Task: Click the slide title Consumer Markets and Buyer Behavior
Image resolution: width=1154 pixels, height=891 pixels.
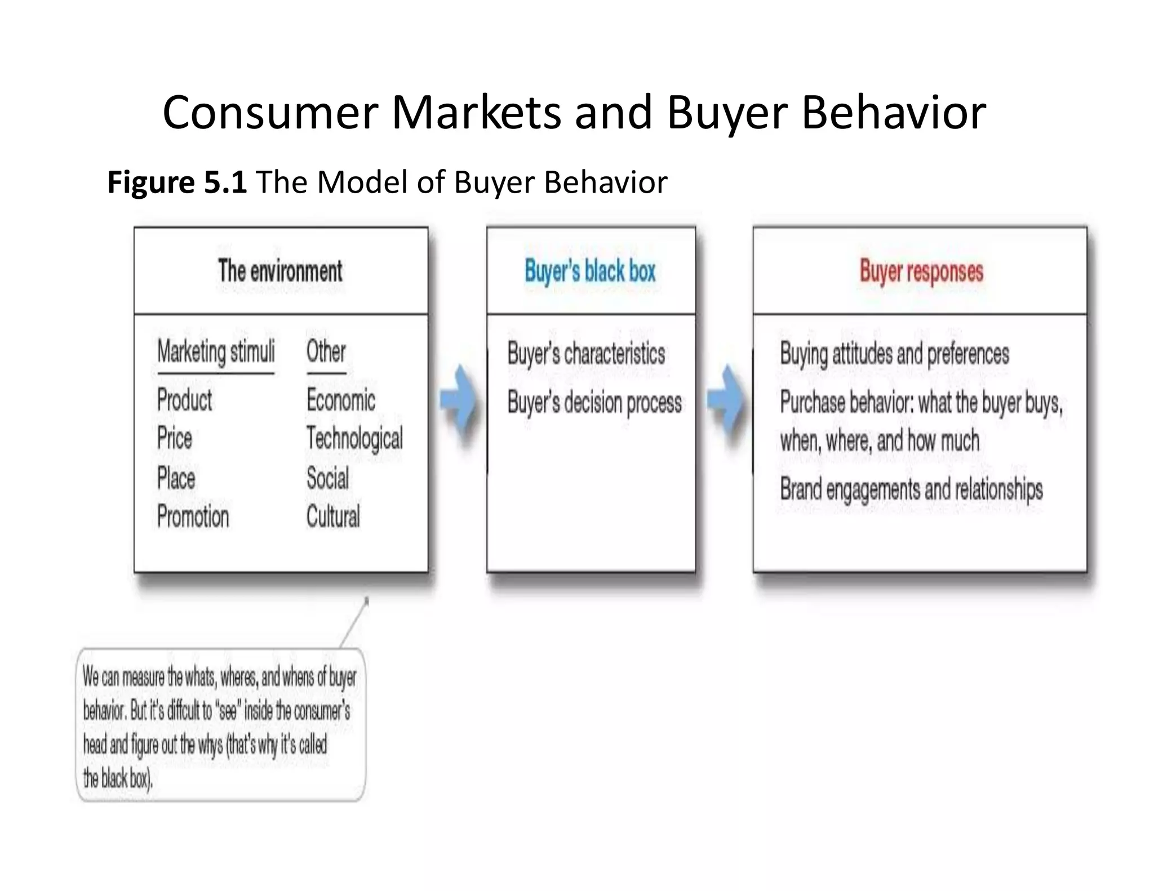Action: click(574, 113)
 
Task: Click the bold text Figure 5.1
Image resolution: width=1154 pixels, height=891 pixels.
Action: click(176, 182)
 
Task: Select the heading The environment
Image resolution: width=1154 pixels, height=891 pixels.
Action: click(280, 271)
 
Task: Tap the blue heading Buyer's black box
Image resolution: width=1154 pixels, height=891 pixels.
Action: click(590, 271)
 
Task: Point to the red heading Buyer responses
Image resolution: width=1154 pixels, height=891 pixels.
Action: click(921, 271)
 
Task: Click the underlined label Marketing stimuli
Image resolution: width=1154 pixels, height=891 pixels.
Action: click(216, 353)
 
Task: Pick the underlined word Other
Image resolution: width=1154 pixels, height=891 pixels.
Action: click(326, 352)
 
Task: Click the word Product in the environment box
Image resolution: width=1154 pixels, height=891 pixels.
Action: click(184, 400)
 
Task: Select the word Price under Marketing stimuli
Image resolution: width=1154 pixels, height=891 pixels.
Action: click(175, 439)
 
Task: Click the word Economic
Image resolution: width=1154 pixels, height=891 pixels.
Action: click(340, 400)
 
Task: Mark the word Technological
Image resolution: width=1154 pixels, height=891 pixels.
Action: click(354, 439)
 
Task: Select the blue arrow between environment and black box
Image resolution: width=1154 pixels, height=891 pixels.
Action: click(458, 402)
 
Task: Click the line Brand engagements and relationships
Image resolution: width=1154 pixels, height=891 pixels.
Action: click(911, 489)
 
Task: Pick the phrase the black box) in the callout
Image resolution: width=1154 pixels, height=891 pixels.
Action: click(118, 779)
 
